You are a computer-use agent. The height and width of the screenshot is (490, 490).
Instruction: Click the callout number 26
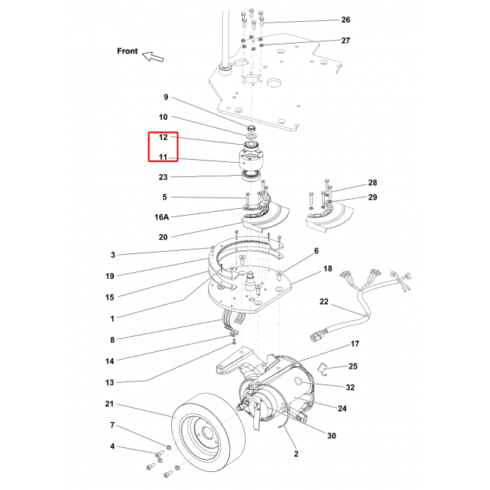(x=346, y=20)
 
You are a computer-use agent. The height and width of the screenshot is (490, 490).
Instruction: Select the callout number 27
(x=346, y=40)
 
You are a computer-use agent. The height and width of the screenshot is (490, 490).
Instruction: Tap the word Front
(x=127, y=51)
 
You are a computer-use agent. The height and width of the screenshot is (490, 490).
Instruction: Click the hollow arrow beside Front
(x=154, y=56)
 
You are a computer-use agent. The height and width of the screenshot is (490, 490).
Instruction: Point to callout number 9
(x=166, y=97)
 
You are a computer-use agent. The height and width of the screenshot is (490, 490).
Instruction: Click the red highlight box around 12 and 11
(x=162, y=147)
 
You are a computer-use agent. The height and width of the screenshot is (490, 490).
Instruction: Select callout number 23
(x=164, y=177)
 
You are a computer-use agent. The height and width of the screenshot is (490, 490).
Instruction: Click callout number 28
(x=372, y=183)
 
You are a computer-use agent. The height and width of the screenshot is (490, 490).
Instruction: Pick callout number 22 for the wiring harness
(x=324, y=302)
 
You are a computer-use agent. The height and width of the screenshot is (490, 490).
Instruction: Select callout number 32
(x=350, y=387)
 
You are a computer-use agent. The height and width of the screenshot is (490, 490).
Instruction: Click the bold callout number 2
(x=296, y=455)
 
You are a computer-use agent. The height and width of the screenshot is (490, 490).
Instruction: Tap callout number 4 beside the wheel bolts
(x=112, y=447)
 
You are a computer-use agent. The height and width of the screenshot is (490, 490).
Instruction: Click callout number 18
(x=328, y=268)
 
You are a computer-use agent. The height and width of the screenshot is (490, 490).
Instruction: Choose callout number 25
(x=352, y=366)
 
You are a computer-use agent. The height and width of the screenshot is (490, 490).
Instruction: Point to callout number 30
(x=331, y=436)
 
